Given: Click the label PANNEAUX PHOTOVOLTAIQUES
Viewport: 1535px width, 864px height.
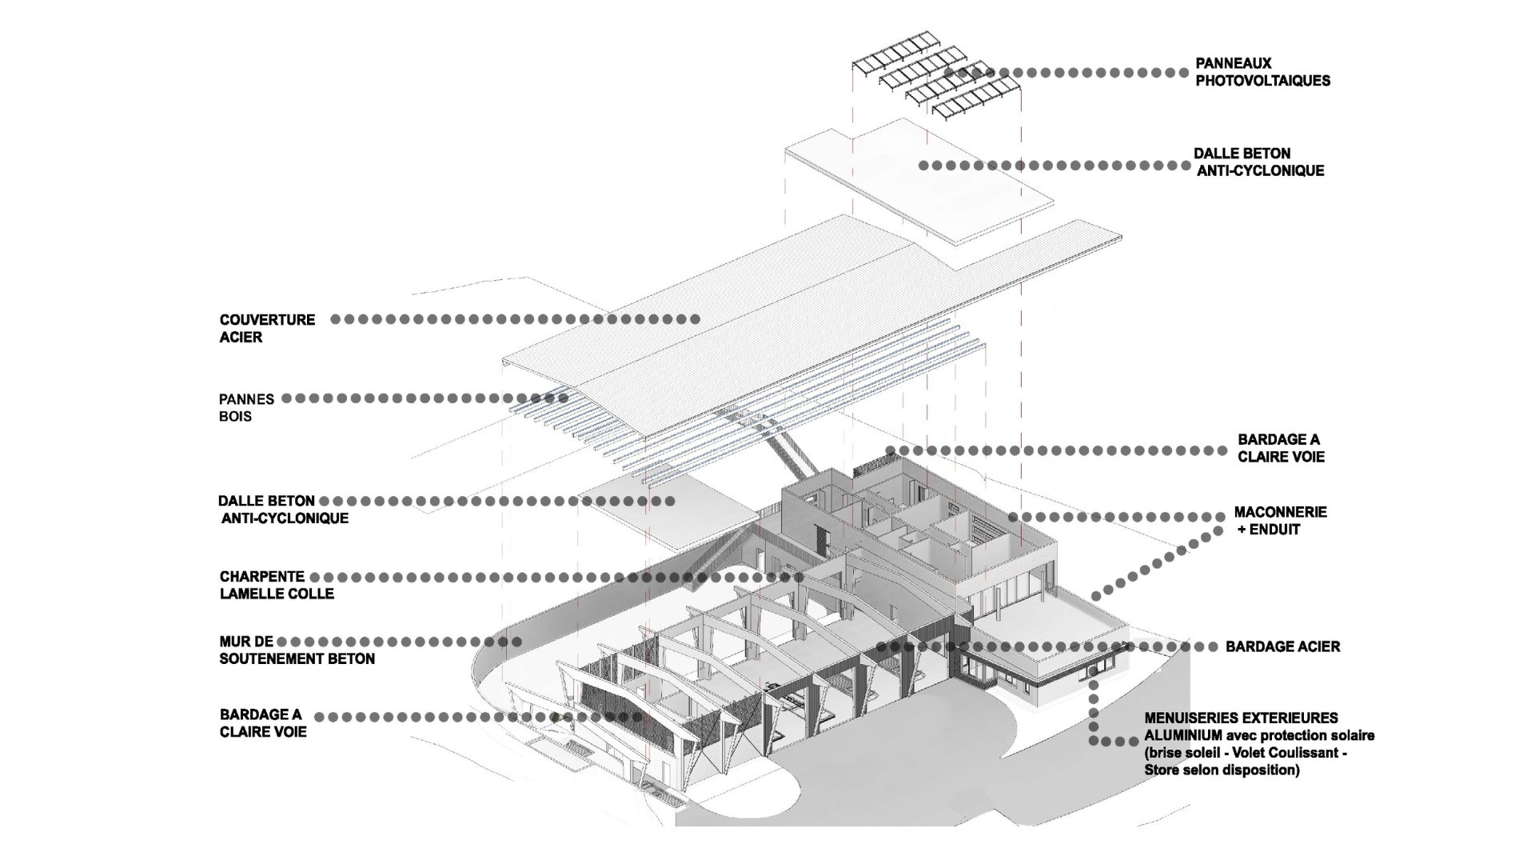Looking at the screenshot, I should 1262,72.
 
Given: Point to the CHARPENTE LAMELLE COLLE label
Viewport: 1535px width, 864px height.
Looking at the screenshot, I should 277,585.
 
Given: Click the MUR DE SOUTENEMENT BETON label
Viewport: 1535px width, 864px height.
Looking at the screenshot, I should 297,650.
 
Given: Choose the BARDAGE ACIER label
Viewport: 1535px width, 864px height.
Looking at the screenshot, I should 1282,646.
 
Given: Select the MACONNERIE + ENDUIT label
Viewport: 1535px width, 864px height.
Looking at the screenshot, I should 1280,520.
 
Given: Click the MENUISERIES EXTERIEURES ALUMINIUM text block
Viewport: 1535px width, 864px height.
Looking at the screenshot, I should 1258,744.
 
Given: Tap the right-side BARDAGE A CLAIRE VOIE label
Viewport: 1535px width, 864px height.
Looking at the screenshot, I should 1281,448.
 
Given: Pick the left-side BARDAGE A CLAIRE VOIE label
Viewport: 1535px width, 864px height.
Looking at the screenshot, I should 262,723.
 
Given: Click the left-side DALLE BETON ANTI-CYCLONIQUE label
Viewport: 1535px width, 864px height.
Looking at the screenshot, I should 283,510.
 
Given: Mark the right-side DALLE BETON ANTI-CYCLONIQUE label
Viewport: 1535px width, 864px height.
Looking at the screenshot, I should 1259,162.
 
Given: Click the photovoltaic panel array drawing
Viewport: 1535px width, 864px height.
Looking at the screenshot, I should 935,76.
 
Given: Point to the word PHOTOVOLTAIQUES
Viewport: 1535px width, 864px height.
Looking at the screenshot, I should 1262,81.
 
